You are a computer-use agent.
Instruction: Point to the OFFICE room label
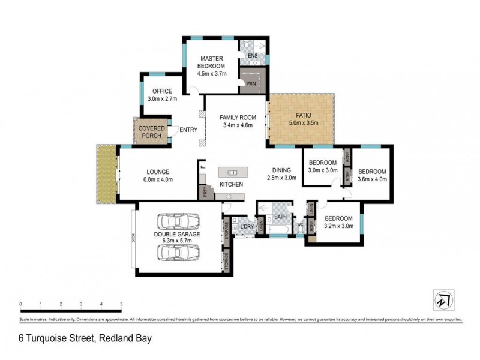(x=161, y=91)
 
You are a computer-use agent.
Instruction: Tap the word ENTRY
(x=188, y=130)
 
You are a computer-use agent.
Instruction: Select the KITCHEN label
(x=231, y=184)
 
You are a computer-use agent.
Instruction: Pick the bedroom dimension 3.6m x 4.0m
(x=373, y=178)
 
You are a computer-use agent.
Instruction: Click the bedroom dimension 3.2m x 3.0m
(x=339, y=226)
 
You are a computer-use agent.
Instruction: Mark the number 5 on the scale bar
(x=121, y=304)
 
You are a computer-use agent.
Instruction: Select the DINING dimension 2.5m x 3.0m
(x=282, y=178)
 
